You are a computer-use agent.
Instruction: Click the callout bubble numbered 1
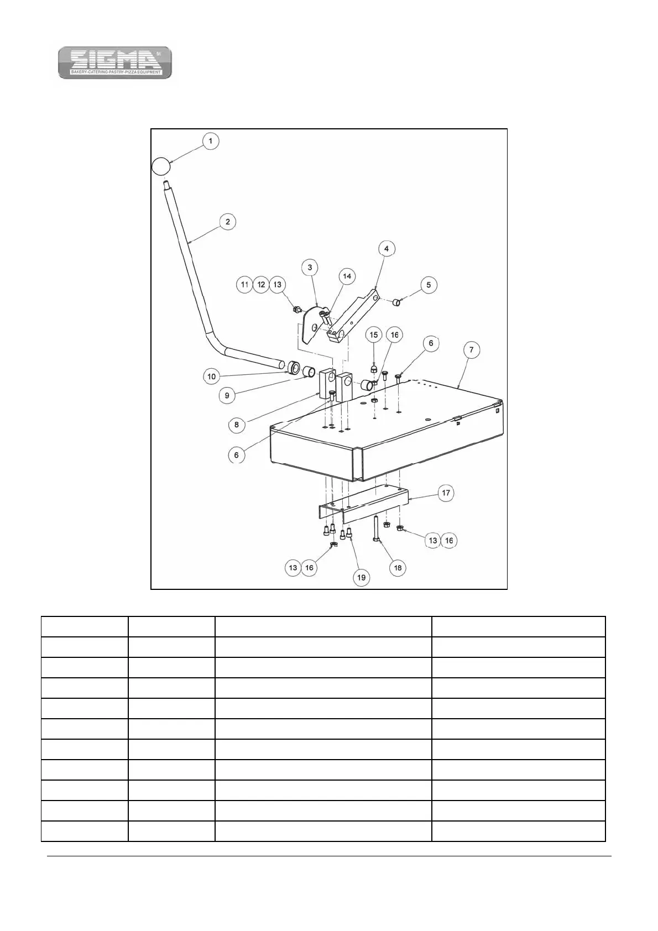pos(210,141)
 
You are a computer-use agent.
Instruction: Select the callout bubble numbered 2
pos(227,222)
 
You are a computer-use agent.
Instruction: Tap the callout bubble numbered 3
pos(310,268)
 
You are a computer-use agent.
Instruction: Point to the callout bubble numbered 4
pos(386,249)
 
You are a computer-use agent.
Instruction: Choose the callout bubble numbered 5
pos(429,285)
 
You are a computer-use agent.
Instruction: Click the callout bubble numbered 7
pos(471,350)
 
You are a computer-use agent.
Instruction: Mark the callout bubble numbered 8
pos(237,425)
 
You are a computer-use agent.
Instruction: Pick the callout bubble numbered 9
pos(227,395)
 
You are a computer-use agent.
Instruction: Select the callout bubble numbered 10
pos(211,376)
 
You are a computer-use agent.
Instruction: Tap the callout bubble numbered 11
pos(244,285)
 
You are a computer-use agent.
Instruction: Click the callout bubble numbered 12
pos(261,285)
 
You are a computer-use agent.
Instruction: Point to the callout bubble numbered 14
pos(347,276)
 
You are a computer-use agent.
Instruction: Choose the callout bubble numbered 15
pos(374,335)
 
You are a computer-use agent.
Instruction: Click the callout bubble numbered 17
pos(446,493)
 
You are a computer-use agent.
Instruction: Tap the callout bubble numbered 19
pos(361,577)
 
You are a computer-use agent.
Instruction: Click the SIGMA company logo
pos(115,62)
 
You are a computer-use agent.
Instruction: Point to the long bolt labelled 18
pos(375,528)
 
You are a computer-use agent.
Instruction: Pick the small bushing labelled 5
pos(396,302)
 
